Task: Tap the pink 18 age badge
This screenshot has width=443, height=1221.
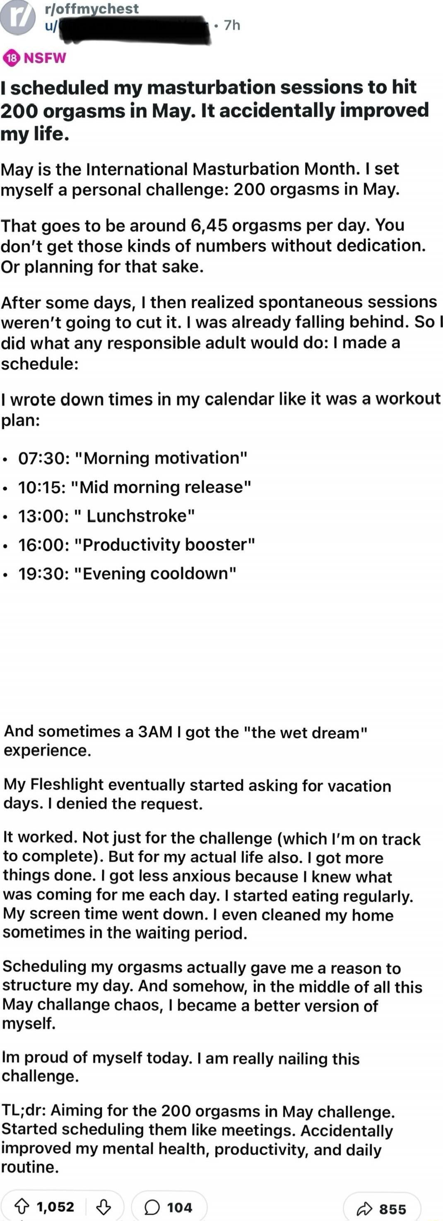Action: pyautogui.click(x=11, y=58)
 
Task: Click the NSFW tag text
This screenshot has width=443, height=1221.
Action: pyautogui.click(x=45, y=58)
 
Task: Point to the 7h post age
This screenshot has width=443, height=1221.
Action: pyautogui.click(x=232, y=25)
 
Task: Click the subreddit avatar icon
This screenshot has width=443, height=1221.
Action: pyautogui.click(x=18, y=18)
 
